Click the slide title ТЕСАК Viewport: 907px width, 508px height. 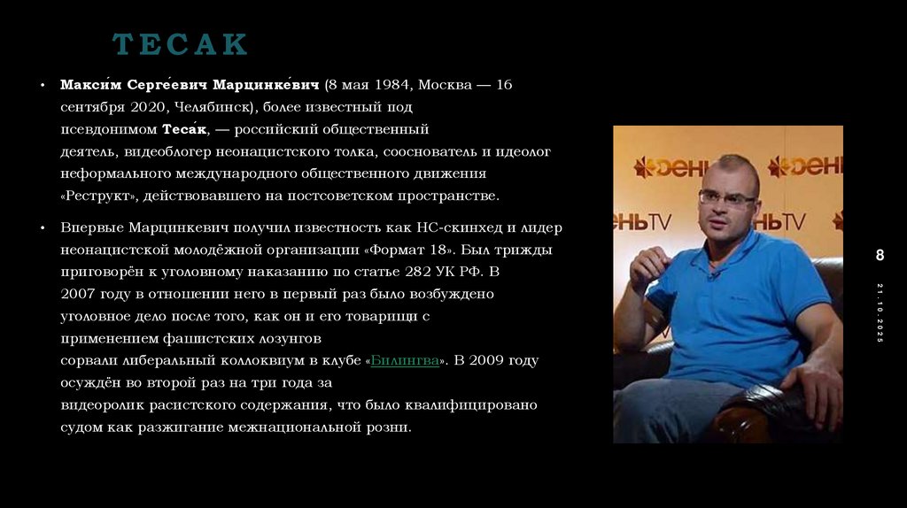180,43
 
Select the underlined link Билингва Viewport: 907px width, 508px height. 406,361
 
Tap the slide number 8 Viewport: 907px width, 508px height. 880,256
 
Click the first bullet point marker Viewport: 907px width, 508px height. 42,86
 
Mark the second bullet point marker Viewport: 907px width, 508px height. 42,228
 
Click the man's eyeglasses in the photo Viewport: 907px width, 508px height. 726,196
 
